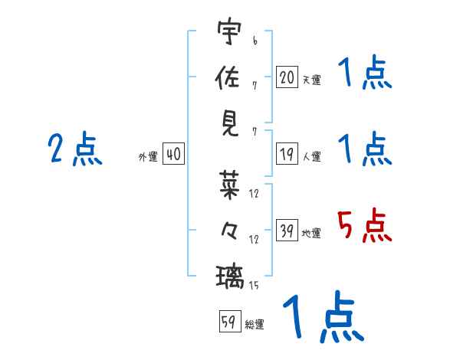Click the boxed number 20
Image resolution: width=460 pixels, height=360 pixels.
pyautogui.click(x=287, y=77)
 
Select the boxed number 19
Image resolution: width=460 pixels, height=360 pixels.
pyautogui.click(x=287, y=155)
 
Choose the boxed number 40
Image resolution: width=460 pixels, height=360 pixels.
pyautogui.click(x=173, y=155)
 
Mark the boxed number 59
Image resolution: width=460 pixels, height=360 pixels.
pyautogui.click(x=228, y=322)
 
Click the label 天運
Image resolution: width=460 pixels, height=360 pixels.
pyautogui.click(x=311, y=80)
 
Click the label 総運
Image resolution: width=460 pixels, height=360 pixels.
pyautogui.click(x=255, y=325)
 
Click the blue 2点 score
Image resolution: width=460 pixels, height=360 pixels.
pyautogui.click(x=75, y=149)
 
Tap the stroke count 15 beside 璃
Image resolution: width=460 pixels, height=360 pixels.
pyautogui.click(x=255, y=285)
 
